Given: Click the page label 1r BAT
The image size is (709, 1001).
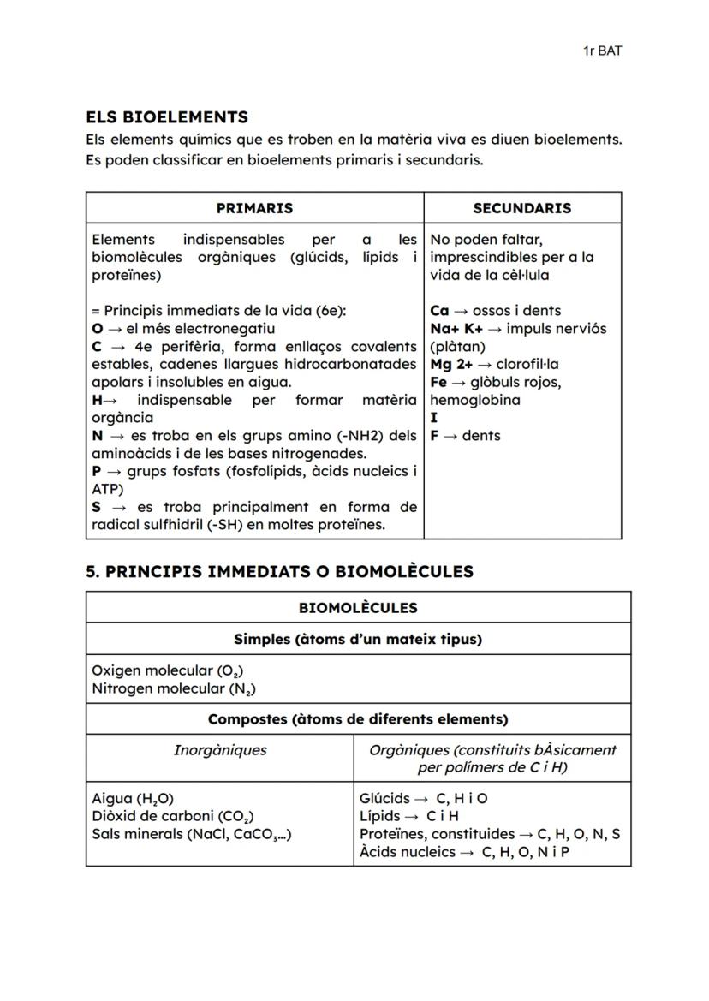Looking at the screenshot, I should click(601, 51).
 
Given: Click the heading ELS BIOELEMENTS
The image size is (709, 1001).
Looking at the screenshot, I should click(167, 117).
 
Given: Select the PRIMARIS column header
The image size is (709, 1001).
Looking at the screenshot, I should click(254, 208).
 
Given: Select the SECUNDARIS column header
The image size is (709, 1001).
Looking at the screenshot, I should click(521, 208).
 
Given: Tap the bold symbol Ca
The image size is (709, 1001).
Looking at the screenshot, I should click(439, 311).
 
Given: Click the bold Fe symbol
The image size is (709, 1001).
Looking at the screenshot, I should click(438, 382).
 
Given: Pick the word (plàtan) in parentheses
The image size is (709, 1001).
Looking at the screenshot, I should click(457, 347).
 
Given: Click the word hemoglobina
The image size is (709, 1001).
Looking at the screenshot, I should click(474, 400).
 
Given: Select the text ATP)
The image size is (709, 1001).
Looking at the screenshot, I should click(107, 489).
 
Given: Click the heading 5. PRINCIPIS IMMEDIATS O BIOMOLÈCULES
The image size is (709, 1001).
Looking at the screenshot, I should click(279, 571).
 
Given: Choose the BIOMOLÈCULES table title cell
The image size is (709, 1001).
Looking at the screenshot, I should click(358, 608).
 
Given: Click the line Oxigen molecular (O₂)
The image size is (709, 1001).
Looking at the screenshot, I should click(161, 670).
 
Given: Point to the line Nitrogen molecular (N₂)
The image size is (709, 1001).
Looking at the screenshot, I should click(174, 688).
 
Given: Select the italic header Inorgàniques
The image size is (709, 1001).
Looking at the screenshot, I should click(219, 750).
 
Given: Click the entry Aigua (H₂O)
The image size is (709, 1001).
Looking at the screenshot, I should click(133, 799).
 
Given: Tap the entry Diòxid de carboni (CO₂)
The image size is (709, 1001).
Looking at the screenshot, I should click(172, 817).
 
